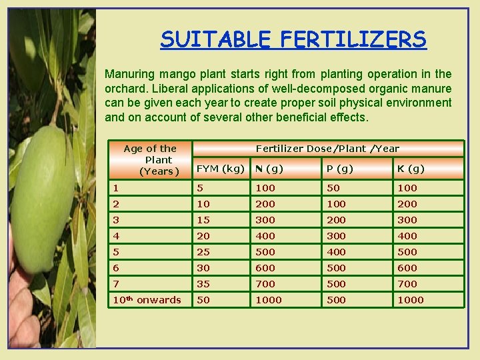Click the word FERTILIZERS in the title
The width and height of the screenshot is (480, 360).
(353, 39)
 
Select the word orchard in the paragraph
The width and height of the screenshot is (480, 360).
(125, 89)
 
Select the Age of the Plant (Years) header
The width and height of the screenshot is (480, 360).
(150, 160)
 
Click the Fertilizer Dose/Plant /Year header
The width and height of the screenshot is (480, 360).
(327, 149)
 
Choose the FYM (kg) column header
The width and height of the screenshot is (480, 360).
(219, 169)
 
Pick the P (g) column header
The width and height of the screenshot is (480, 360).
(338, 169)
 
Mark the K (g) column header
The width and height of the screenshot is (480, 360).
(411, 169)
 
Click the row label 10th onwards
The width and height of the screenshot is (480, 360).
(147, 300)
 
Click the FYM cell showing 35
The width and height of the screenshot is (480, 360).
(203, 284)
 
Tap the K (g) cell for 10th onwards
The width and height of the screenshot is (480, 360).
(411, 300)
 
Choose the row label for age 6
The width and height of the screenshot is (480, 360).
(116, 268)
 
